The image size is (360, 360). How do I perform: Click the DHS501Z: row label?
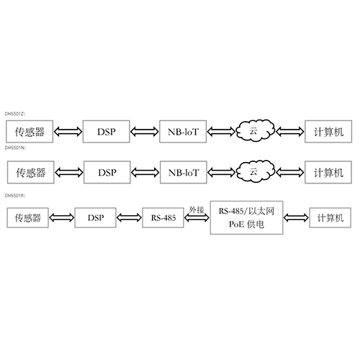tap(15, 114)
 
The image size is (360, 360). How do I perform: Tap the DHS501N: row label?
tap(15, 148)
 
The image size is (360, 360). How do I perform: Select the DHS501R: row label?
tap(15, 196)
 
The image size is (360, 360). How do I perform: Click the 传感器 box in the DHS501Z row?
tap(30, 132)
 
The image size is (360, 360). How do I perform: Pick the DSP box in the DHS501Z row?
tap(107, 132)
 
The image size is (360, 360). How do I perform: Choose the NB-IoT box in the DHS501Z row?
tap(183, 132)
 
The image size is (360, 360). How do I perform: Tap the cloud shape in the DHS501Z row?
tap(256, 130)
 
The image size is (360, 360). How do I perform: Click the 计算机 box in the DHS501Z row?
tap(328, 132)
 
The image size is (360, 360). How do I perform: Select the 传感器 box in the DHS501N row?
tap(30, 172)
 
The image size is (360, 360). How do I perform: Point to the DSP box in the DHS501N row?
tap(107, 172)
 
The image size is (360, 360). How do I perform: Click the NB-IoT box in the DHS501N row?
tap(184, 172)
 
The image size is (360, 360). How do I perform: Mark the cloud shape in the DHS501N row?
tap(256, 171)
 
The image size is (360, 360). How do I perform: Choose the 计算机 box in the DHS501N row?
tap(328, 172)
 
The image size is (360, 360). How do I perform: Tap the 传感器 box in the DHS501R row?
tap(27, 217)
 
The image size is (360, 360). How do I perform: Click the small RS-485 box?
tap(163, 217)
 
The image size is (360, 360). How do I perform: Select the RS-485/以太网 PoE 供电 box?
tap(246, 217)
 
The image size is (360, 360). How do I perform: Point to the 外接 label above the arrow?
tap(197, 210)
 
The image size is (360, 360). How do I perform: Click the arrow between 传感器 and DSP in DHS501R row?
tap(62, 217)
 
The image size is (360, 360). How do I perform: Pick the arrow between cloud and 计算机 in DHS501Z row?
tap(290, 132)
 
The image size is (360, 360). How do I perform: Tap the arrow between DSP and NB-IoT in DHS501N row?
tap(145, 172)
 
